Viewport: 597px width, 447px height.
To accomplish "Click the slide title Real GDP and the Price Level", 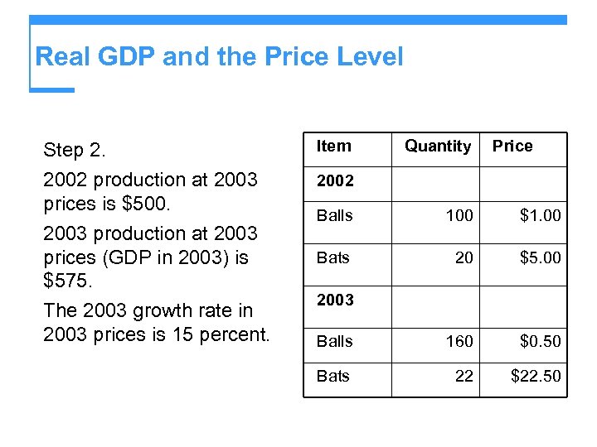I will [x=219, y=57].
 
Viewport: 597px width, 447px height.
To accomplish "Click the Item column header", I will [x=334, y=147].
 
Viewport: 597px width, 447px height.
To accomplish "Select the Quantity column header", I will [x=438, y=147].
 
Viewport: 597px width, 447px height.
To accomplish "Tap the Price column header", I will [x=512, y=147].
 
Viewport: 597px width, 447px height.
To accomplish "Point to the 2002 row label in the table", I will [x=335, y=180].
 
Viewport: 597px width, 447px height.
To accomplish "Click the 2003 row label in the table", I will [x=335, y=300].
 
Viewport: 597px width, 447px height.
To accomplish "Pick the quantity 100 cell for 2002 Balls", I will [x=459, y=216].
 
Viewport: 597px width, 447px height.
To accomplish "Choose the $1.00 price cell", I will [x=540, y=216].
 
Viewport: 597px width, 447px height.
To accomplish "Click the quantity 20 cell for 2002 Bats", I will [x=464, y=258].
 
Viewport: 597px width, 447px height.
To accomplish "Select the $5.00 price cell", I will [x=540, y=258].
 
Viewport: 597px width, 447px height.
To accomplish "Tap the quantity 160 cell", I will [x=459, y=341].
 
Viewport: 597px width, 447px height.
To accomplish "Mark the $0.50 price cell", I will [x=540, y=341].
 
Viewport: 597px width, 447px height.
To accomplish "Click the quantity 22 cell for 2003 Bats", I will [x=464, y=377].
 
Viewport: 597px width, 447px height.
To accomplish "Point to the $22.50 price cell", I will [x=536, y=377].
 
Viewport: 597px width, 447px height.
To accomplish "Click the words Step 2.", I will [x=75, y=151].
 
